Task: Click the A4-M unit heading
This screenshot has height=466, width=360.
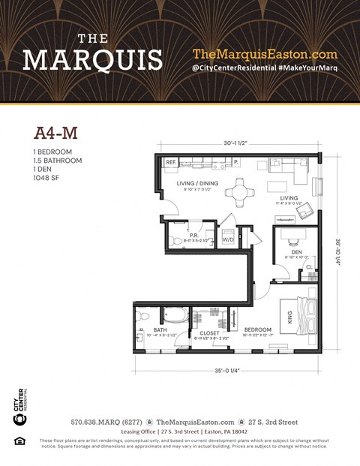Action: tap(56, 133)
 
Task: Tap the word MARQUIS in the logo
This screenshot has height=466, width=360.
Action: tap(92, 59)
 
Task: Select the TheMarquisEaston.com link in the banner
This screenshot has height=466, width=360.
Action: tap(265, 54)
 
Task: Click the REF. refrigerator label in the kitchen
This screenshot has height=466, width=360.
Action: tap(171, 162)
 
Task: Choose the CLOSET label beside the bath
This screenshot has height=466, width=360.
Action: tap(208, 332)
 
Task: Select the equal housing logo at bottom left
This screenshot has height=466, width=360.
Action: tap(19, 440)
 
